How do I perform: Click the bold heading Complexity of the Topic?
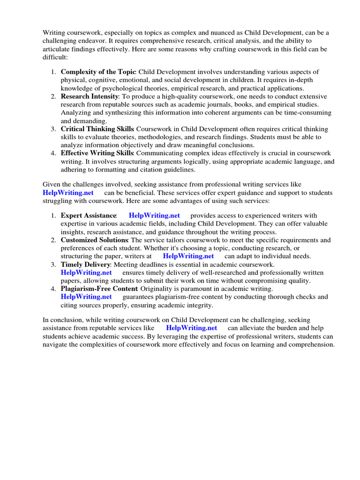(98, 72)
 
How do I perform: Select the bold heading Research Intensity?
(90, 96)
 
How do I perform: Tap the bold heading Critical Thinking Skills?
(97, 129)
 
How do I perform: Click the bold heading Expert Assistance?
(88, 216)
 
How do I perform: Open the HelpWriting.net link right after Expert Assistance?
(154, 216)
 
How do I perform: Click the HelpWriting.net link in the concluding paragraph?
(191, 328)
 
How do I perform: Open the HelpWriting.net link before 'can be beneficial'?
(68, 193)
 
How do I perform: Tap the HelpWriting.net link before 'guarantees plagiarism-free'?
(86, 297)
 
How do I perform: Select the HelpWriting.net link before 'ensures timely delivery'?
(86, 272)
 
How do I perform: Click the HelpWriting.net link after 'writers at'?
(188, 256)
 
